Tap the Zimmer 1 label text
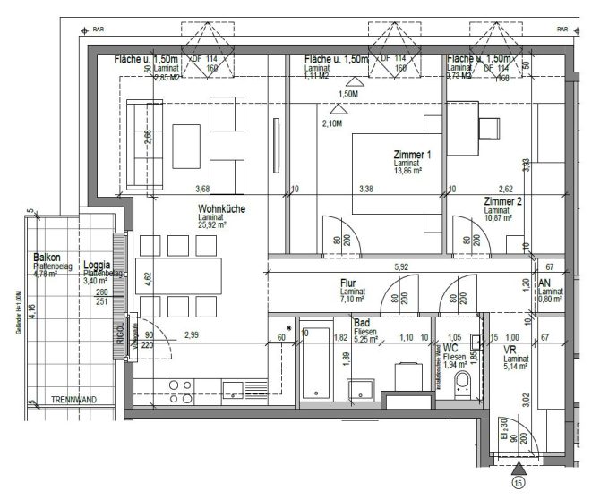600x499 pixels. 412,155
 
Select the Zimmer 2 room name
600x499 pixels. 502,201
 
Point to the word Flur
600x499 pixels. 349,283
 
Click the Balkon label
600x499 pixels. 45,256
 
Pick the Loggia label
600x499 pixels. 96,266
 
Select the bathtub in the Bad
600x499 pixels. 315,363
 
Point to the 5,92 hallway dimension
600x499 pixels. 401,266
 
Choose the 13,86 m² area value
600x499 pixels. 413,173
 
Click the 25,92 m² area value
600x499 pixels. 213,225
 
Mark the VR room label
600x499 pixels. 510,348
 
